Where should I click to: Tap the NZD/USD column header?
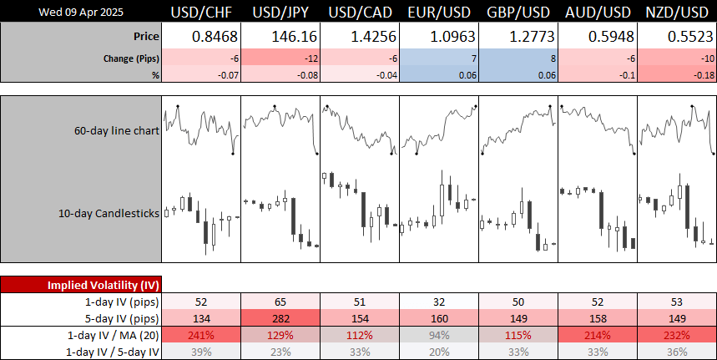[x=677, y=12]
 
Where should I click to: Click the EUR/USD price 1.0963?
[x=439, y=37]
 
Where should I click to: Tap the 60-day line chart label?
[x=117, y=130]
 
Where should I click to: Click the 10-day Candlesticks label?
[x=108, y=213]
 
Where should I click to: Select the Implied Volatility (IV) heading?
[x=81, y=285]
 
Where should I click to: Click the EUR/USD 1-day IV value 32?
[x=439, y=301]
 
